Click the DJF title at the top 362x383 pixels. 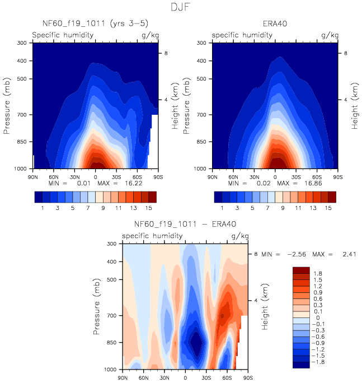[181, 8]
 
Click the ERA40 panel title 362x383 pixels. [275, 24]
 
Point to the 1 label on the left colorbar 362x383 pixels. [43, 208]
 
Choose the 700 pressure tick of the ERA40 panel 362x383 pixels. [204, 115]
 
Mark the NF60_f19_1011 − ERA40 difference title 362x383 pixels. [185, 225]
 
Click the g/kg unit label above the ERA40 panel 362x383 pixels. [330, 35]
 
